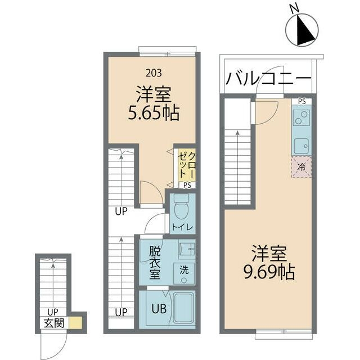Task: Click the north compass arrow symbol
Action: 302,30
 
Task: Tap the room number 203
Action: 154,73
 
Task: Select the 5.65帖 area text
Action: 154,113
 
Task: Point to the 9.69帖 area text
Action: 269,272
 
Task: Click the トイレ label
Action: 182,227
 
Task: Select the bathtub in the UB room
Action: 184,308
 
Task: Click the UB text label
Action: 159,309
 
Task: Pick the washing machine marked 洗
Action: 184,273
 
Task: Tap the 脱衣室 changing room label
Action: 155,263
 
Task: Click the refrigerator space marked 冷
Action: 301,167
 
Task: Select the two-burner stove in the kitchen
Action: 301,118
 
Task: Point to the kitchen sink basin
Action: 301,146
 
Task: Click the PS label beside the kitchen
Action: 302,101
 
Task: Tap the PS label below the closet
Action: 187,186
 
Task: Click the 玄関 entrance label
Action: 54,323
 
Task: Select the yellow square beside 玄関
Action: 75,323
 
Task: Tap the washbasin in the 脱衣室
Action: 187,249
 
